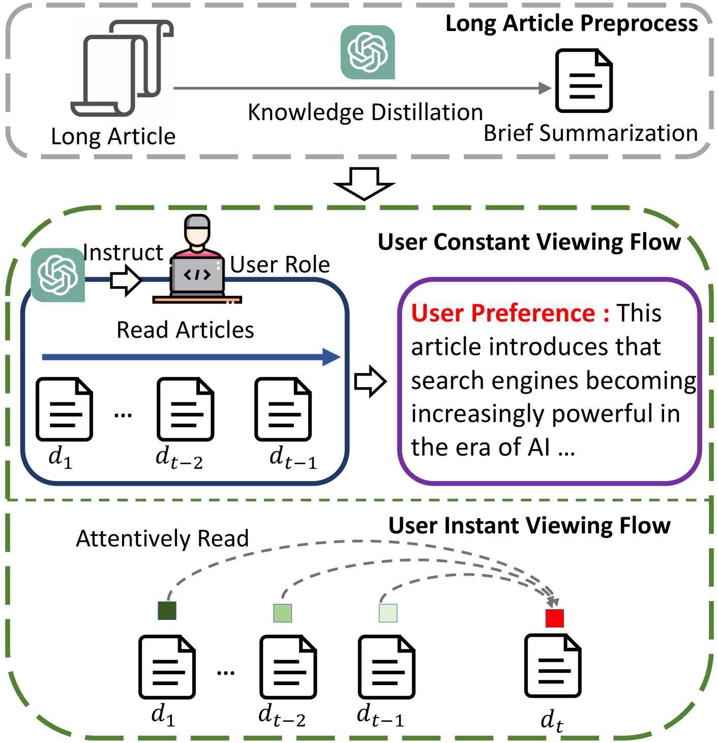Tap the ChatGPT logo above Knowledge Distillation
(x=368, y=52)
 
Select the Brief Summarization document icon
(x=584, y=80)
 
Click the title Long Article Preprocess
(x=572, y=23)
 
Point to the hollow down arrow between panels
(x=364, y=184)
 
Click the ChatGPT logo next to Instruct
(x=58, y=275)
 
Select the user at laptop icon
(x=197, y=259)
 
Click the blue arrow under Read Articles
(x=191, y=357)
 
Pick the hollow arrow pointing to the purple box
(x=370, y=381)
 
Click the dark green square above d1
(x=167, y=610)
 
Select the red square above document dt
(x=554, y=618)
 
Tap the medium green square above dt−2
(x=283, y=613)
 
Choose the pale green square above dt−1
(x=388, y=613)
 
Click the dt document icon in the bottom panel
(x=553, y=666)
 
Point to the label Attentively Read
(x=162, y=539)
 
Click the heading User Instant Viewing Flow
(x=529, y=525)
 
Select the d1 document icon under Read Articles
(x=64, y=409)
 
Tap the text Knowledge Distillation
(x=365, y=112)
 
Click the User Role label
(x=280, y=265)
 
